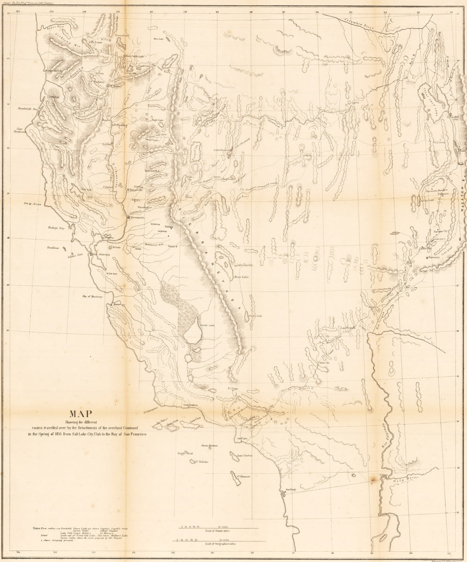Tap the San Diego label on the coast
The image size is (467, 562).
click(x=289, y=490)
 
